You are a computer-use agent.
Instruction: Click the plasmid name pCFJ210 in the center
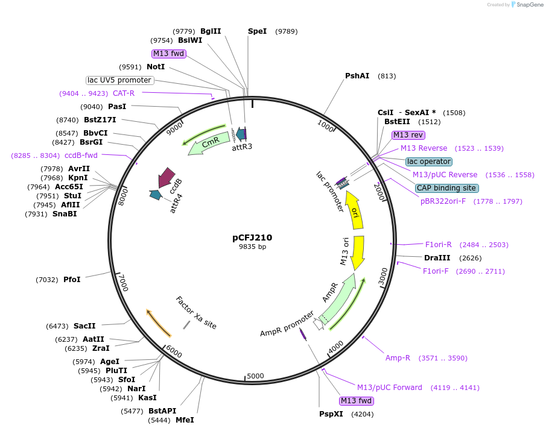point(252,238)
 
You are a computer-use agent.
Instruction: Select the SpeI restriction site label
point(257,31)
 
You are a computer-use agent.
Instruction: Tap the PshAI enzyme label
point(357,76)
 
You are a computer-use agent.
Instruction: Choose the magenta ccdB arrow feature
point(165,178)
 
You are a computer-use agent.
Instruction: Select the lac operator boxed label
point(429,162)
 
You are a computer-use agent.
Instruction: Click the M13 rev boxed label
point(408,135)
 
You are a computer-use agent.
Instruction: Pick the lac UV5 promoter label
point(119,80)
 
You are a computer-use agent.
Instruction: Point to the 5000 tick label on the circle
point(256,376)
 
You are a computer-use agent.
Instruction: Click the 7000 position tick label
point(123,282)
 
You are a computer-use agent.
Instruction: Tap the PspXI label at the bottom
point(331,414)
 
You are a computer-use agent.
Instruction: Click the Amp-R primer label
point(398,358)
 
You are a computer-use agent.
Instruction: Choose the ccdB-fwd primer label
point(81,156)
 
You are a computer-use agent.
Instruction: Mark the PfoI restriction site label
point(72,280)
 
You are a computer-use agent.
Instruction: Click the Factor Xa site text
point(196,313)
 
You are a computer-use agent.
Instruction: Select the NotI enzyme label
point(156,67)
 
